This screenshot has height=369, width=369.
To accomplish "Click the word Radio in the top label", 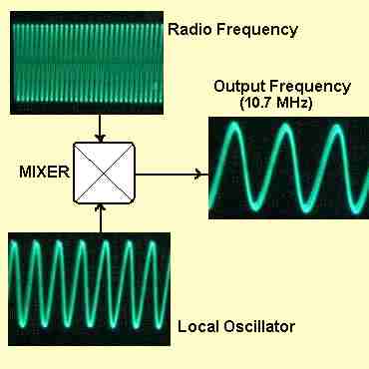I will coord(188,29).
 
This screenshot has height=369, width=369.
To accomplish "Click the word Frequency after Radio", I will coord(254,29).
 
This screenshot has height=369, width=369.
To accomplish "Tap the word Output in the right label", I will coord(238,86).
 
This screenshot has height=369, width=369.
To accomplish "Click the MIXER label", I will coord(44,172).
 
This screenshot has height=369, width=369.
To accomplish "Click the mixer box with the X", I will coord(103,173).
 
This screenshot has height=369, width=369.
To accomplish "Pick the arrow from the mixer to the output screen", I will coord(170,174).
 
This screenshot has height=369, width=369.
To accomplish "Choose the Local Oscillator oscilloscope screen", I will coord(88,287).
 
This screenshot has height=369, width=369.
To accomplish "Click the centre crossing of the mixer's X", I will coord(103,173).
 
